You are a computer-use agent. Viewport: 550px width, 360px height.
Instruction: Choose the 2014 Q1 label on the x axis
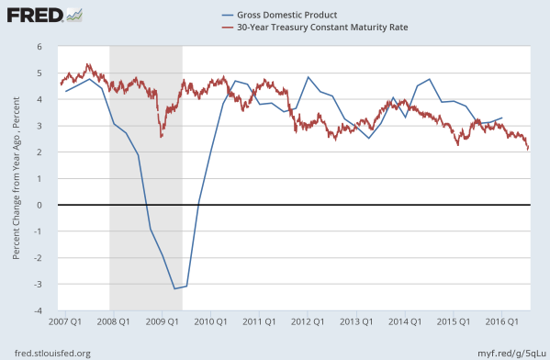click(405, 322)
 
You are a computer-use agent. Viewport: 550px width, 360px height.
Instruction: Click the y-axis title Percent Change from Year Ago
click(17, 180)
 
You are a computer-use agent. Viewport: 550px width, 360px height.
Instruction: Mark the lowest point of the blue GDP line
click(174, 289)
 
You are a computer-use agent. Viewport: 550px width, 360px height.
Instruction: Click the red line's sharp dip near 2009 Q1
click(162, 137)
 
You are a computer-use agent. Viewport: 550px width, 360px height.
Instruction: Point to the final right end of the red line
click(528, 149)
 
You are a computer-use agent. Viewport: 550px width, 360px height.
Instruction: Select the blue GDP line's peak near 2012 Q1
click(308, 77)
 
